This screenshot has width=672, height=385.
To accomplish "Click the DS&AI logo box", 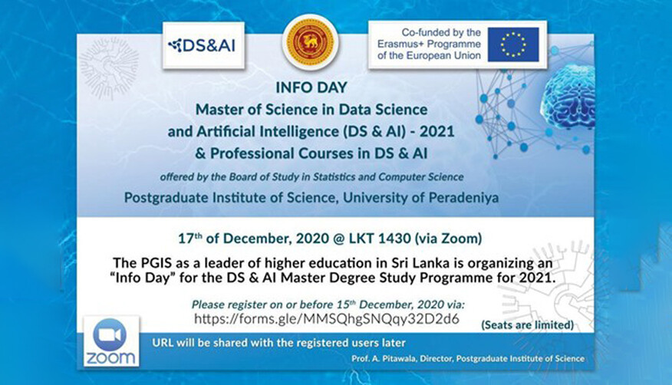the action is coord(203,45).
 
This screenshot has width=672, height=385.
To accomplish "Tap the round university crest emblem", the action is coord(311,42).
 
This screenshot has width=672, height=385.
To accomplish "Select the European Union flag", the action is coord(513,44).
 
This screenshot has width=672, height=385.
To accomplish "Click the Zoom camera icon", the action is coord(110,335).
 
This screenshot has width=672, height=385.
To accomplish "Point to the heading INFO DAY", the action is coord(311,87).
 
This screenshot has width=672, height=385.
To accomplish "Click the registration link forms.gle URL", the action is coord(327,318).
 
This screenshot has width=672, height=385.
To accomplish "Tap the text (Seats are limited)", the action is coord(527,324).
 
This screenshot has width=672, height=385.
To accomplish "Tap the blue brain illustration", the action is coord(568,98).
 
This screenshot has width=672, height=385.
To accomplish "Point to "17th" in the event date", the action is coord(190,238).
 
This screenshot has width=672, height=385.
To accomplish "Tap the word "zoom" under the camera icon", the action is coord(110,358).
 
